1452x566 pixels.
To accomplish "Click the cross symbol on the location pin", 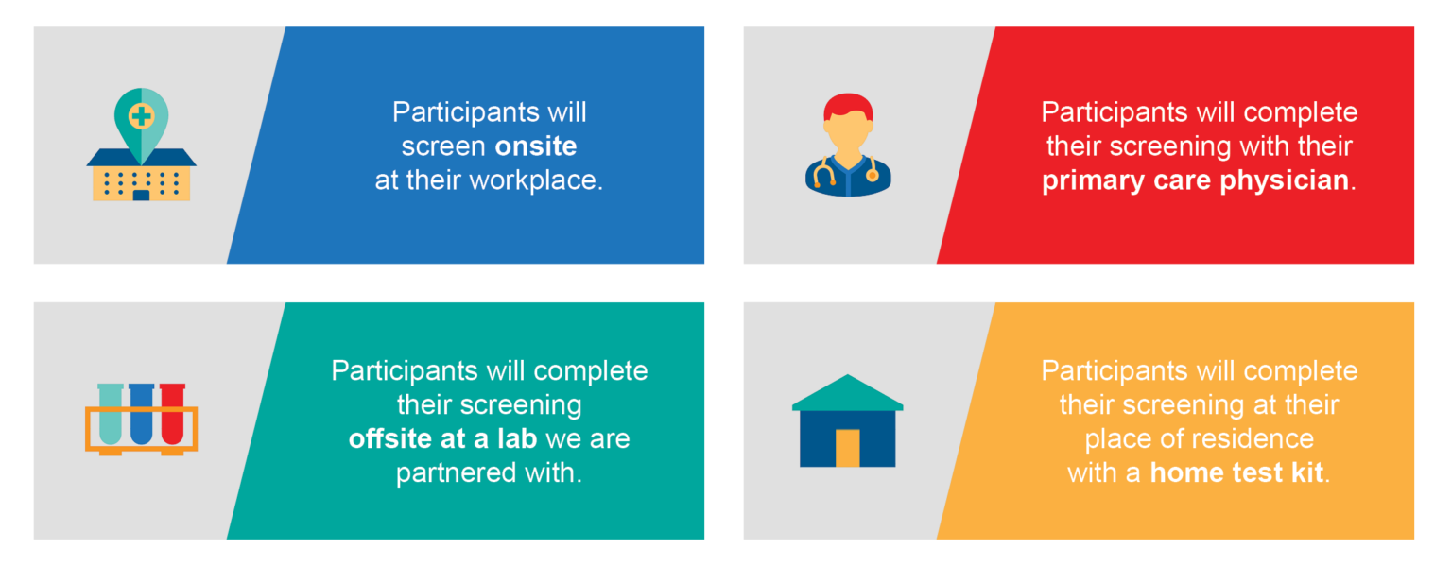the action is [141, 116].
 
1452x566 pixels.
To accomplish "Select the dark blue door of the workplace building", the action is [141, 195].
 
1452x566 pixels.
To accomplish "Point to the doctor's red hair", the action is [848, 106].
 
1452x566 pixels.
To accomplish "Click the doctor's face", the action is [848, 131].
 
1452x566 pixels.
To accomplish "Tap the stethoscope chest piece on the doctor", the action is [873, 174].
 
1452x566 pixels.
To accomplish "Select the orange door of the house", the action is [847, 448].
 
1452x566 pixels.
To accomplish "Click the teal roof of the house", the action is [847, 392].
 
